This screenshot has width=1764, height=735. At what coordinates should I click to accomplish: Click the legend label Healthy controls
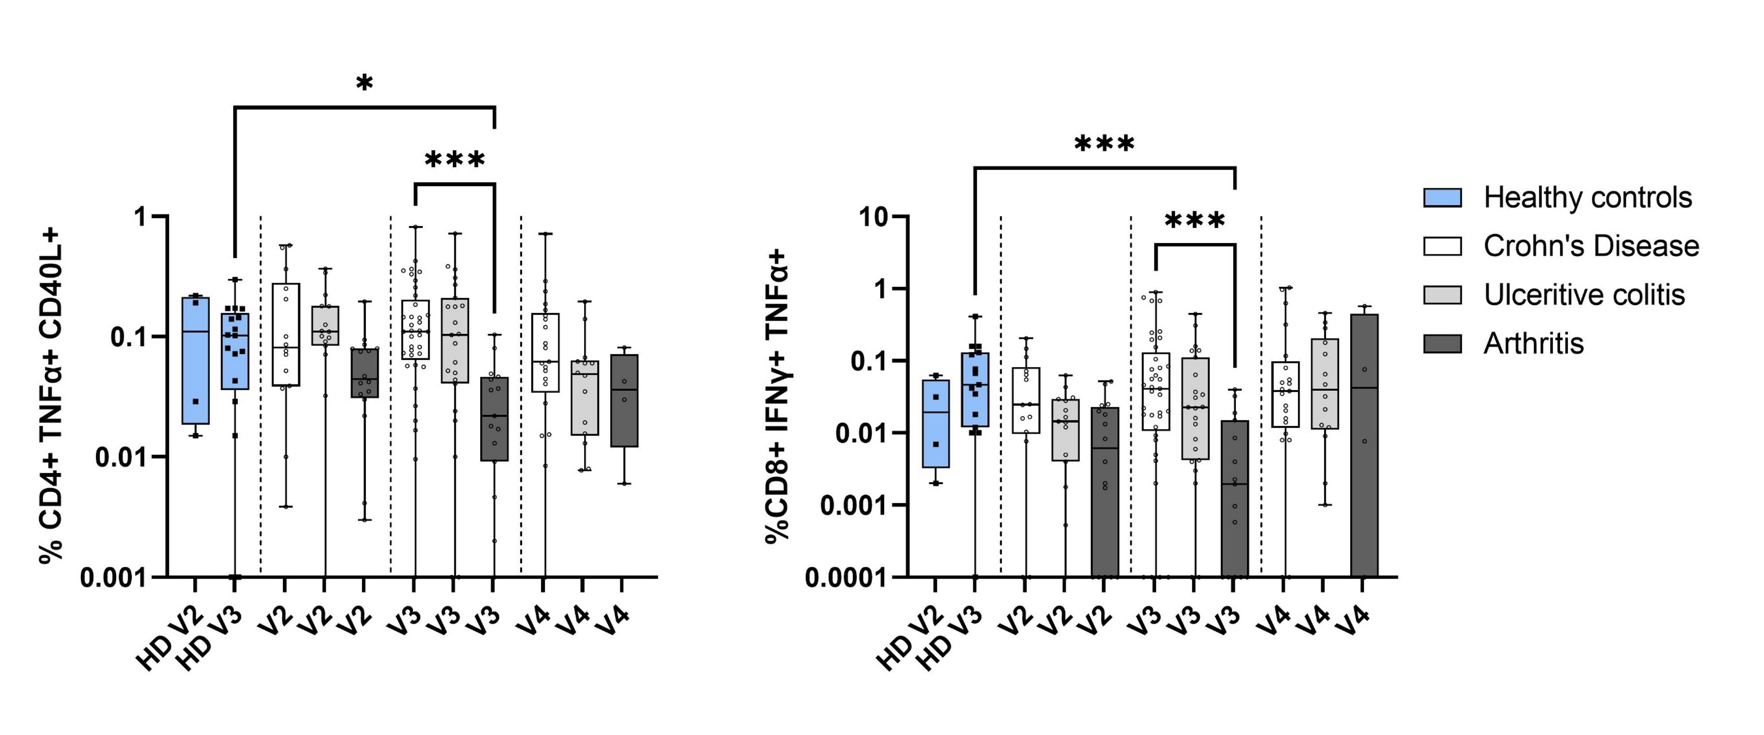coord(1587,198)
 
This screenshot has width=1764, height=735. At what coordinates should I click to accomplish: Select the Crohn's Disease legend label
coord(1591,246)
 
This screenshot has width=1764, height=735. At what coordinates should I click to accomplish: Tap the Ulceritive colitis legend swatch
coord(1442,295)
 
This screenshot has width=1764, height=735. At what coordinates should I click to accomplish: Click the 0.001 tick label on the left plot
coord(114,577)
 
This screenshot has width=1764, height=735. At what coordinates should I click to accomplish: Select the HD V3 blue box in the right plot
coord(974,389)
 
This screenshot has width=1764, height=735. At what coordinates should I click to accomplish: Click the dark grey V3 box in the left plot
coord(494,419)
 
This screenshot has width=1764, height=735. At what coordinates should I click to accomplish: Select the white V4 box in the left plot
coord(545,353)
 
